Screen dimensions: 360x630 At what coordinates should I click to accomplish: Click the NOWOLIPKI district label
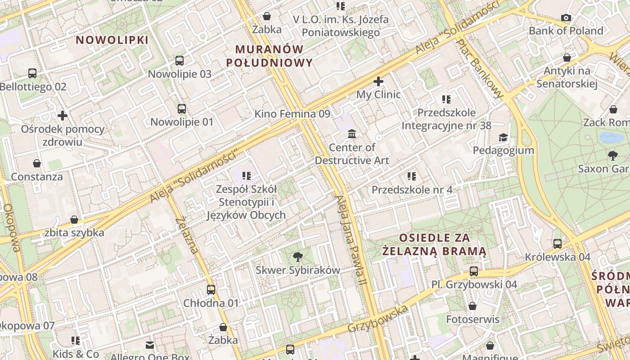click(x=112, y=40)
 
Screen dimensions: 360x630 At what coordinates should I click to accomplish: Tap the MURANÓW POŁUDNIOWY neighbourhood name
click(x=270, y=55)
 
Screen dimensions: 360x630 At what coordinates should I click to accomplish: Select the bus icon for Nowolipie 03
click(x=180, y=60)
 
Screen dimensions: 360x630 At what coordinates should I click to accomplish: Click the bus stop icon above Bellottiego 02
click(x=32, y=73)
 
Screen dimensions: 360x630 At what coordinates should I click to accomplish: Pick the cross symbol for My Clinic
click(x=378, y=81)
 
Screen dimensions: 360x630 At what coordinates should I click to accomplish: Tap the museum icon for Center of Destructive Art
click(x=352, y=134)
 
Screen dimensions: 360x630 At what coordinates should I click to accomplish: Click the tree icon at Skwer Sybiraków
click(x=297, y=257)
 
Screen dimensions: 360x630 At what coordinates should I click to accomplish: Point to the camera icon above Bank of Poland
click(x=566, y=18)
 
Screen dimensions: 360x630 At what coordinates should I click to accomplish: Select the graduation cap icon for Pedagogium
click(x=503, y=137)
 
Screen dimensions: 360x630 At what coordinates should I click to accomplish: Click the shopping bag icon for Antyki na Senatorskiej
click(x=567, y=58)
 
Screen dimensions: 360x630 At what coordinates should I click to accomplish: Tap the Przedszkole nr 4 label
click(x=412, y=190)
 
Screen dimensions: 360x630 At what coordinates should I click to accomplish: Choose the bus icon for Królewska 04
click(x=558, y=243)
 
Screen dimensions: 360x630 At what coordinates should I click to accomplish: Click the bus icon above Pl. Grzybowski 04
click(x=474, y=271)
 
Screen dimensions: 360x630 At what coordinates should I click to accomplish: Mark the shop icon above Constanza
click(x=37, y=163)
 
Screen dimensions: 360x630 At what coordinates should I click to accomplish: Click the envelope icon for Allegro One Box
click(x=150, y=345)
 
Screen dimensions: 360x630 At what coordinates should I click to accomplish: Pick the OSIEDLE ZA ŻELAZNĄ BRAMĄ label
click(x=434, y=244)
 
